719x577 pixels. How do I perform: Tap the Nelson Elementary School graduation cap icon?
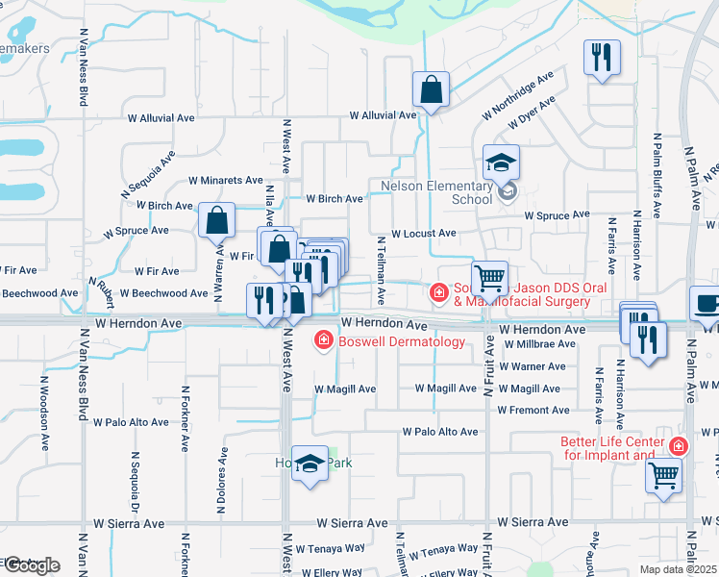click(501, 163)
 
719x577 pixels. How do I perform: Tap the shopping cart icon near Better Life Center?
click(664, 474)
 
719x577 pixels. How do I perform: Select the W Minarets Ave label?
click(225, 180)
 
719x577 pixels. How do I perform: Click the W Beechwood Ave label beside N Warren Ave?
click(170, 292)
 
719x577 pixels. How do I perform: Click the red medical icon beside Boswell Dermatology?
click(324, 340)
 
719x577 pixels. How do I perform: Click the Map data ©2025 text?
click(678, 569)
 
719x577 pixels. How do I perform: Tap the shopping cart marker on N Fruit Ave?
click(490, 279)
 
